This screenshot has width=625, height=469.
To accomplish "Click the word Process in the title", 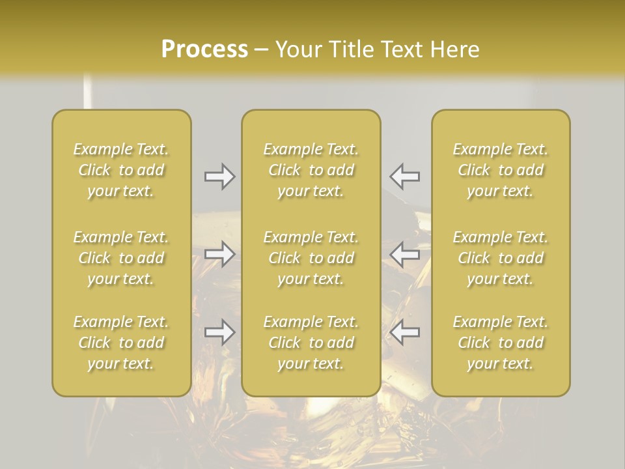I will (204, 50).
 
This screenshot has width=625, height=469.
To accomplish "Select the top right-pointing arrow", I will (219, 176).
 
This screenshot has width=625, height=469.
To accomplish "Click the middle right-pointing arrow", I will (219, 253).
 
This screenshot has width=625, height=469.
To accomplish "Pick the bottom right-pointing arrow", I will (219, 332).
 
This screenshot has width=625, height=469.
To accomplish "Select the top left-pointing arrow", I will (405, 176).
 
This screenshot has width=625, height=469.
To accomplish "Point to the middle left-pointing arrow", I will (405, 253).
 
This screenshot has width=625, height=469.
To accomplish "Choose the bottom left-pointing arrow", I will (405, 332).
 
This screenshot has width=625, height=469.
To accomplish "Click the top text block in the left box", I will (121, 170).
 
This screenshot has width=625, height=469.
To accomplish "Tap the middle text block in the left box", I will (121, 258).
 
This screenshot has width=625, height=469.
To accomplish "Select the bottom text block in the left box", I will (121, 343).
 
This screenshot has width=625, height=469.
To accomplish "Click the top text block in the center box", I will (311, 170).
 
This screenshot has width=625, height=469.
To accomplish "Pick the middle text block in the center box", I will (311, 258).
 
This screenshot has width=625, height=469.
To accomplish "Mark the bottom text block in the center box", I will (311, 343).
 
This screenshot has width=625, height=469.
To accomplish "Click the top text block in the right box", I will (501, 170).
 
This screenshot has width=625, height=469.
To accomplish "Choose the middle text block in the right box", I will (501, 258).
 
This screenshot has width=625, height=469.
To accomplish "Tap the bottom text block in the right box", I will (501, 343).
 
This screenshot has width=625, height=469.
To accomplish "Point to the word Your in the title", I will (296, 50).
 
